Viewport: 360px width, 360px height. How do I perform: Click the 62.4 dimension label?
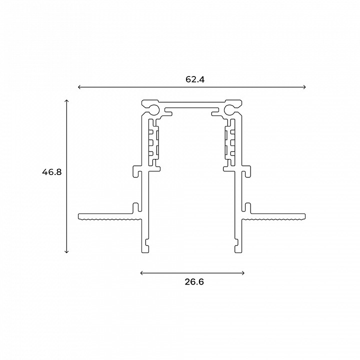coord(195,79)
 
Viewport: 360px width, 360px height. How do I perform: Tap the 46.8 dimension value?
coord(52,172)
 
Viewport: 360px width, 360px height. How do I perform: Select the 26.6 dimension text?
coord(194,281)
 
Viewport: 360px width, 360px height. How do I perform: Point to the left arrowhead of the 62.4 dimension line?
coord(79,87)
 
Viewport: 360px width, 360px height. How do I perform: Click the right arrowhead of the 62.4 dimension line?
coord(304,87)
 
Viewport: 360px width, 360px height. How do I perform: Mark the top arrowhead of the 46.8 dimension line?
coord(66,101)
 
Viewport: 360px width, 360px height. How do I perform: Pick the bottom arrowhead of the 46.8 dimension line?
coord(66,251)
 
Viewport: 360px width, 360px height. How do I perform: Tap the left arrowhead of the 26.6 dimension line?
coord(141,273)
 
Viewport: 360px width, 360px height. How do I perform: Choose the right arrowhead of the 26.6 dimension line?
coord(243,273)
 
